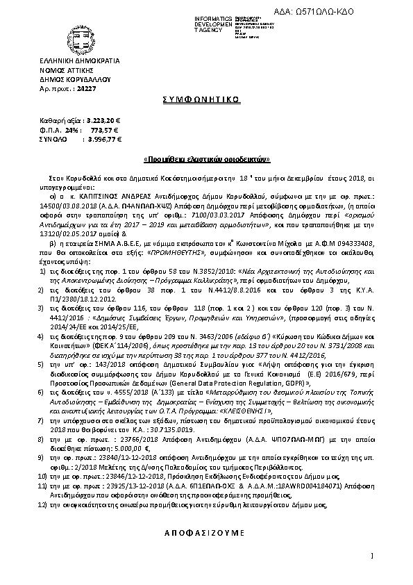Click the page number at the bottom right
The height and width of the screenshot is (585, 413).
pyautogui.click(x=373, y=555)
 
